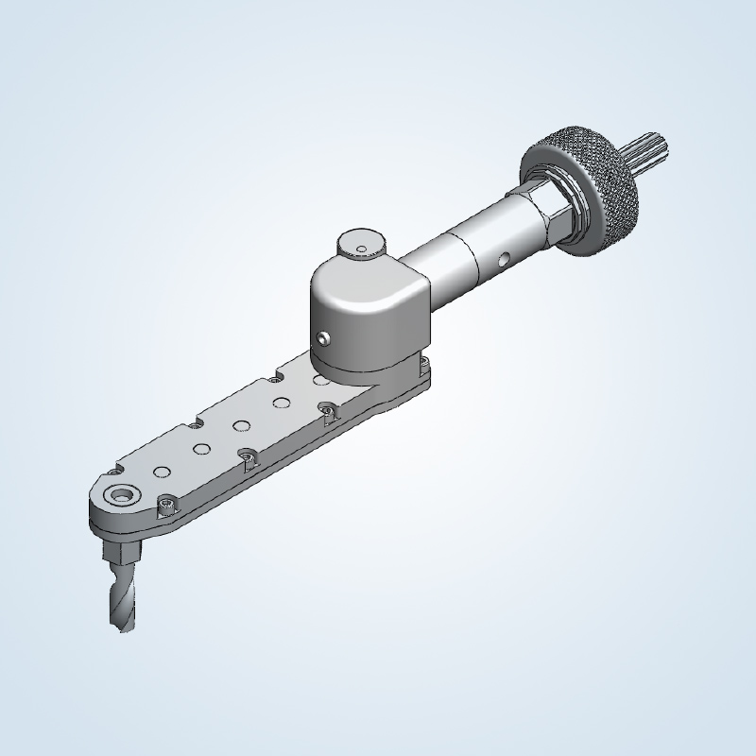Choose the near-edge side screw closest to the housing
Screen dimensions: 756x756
[x=328, y=412]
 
